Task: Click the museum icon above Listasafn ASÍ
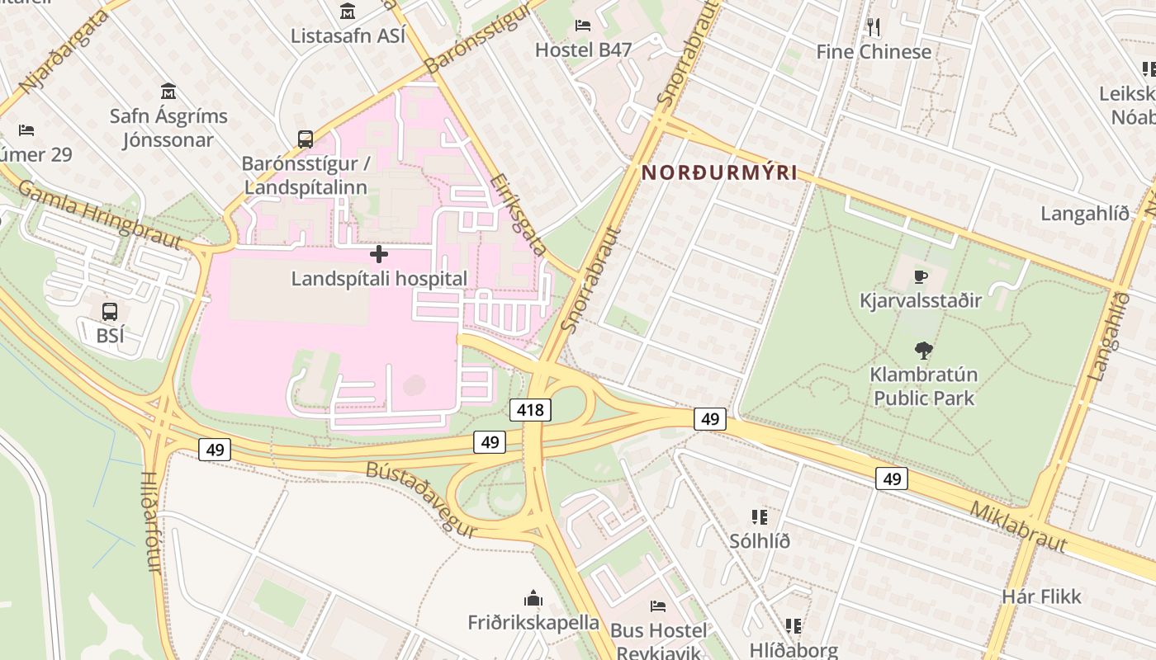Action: [x=348, y=12]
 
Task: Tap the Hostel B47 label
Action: [x=583, y=49]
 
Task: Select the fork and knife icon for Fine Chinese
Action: [x=874, y=27]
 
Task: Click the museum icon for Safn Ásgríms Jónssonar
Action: [x=168, y=91]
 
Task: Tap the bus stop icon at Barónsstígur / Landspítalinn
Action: [x=306, y=139]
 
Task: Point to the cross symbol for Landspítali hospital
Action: [x=379, y=254]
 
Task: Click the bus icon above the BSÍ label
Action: [x=109, y=312]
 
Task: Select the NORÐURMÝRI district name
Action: [x=719, y=172]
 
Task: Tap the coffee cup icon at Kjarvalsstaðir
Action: [x=921, y=276]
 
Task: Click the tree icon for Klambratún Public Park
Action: [x=924, y=351]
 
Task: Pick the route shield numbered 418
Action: [x=530, y=409]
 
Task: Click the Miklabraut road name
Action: [x=1018, y=526]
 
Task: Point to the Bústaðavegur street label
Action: [x=421, y=498]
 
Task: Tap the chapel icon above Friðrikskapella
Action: [x=533, y=597]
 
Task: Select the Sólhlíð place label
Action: [x=760, y=541]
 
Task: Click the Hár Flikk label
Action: [x=1041, y=596]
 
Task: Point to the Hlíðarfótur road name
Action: [x=149, y=521]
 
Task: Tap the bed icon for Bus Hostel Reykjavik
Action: [x=658, y=606]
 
